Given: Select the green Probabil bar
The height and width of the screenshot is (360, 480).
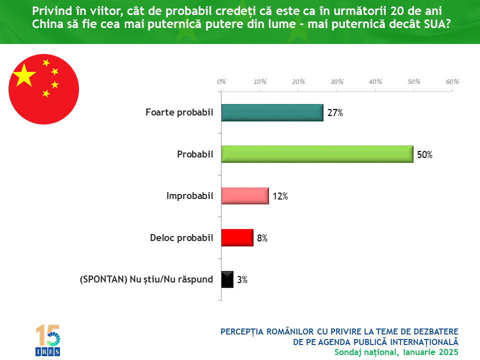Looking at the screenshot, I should coord(317,154).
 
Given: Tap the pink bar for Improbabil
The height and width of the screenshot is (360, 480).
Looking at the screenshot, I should coord(245,196).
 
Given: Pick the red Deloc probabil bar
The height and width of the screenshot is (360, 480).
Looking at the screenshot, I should coord(237,238).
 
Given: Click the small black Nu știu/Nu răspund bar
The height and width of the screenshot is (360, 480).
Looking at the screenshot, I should coord(227,279).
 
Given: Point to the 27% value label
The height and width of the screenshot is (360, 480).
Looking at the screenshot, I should coord(335,113).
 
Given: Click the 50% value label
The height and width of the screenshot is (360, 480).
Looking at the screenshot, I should coord(424,155).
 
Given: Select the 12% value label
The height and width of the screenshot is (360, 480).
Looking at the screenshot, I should coord(280,196).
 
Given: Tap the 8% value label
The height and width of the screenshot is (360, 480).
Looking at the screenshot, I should coord(262,238).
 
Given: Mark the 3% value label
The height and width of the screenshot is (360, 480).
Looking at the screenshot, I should coord(242,280).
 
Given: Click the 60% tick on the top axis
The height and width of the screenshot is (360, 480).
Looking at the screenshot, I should coord(452,81).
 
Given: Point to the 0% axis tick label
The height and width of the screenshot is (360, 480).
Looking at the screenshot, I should coord(221,81).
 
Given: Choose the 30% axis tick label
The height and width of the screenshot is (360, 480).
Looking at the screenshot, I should coord(336,81).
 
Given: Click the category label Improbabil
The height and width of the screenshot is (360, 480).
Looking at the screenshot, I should coord(189,196).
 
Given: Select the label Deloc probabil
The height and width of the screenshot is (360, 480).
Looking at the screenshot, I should coord(181,238).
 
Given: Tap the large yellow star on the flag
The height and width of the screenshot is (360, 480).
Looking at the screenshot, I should coord(24,76).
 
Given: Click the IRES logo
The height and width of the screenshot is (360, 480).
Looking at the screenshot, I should coord(47,340).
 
